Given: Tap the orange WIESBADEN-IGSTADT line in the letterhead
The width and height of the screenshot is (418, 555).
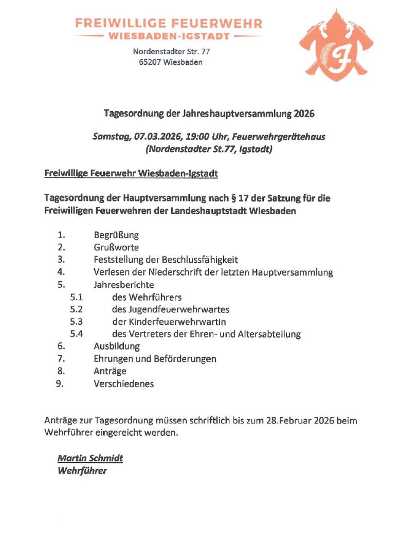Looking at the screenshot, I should click(169, 36).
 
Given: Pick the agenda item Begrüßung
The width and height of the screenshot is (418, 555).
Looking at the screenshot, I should click(116, 235).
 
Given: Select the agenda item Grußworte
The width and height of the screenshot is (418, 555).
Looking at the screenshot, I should click(116, 247).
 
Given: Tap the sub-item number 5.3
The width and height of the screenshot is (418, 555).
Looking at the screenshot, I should click(77, 322).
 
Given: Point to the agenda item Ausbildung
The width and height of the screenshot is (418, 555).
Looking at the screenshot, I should click(117, 346).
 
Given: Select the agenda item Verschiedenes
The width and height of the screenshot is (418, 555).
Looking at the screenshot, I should click(123, 383).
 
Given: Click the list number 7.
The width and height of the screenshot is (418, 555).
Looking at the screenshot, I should click(61, 359).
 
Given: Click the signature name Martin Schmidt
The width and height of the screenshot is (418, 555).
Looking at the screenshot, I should click(90, 458).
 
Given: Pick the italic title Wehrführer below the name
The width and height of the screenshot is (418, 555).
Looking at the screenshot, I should click(82, 470).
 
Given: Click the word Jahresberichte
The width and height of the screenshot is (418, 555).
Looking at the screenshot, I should click(124, 284).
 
